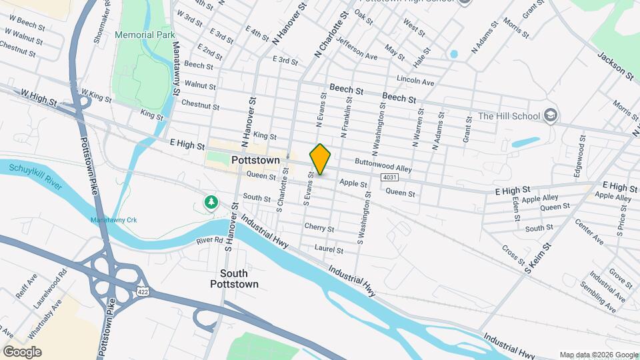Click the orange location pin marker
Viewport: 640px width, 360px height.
point(320,159)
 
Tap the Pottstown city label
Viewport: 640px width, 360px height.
point(255,161)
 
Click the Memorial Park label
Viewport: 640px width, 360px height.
point(144,35)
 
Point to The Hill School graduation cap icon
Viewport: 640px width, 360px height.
point(551,116)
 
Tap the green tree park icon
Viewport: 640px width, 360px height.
point(211,201)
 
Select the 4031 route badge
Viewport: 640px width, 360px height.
point(391,177)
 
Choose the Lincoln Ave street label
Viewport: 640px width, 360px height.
point(415,81)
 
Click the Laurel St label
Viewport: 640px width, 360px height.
point(329,250)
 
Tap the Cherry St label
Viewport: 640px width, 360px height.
point(319,227)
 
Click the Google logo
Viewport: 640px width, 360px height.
point(21,352)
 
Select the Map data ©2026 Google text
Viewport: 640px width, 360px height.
point(598,355)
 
